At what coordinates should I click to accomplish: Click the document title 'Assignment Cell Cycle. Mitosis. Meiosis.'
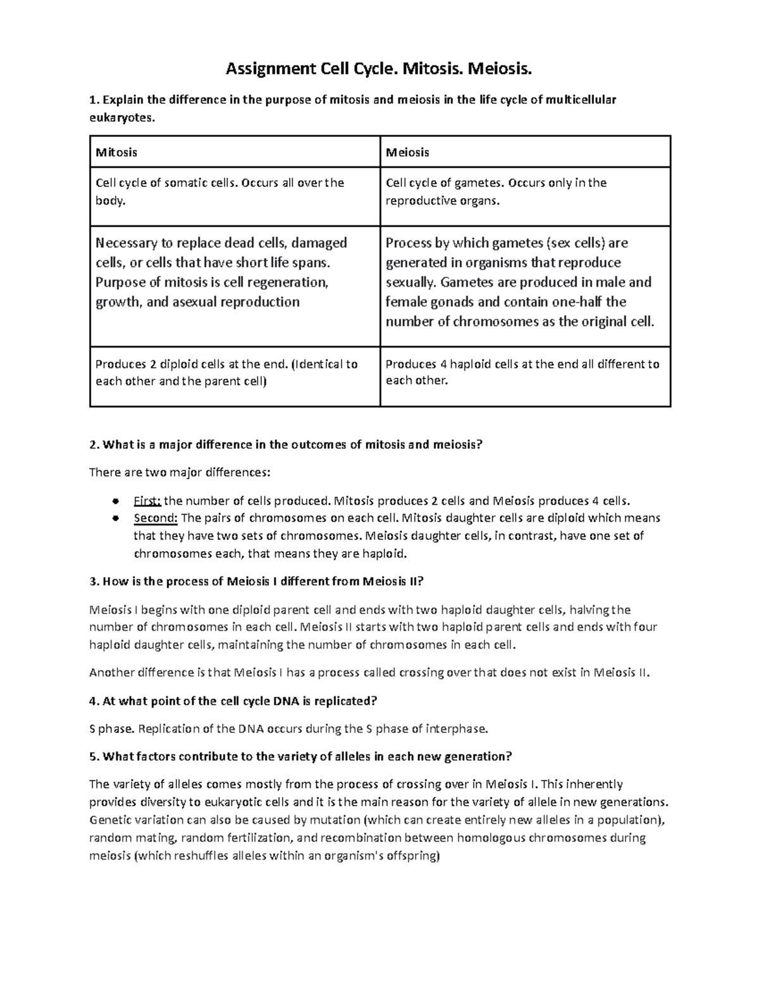pyautogui.click(x=379, y=69)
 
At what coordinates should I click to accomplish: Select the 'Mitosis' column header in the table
pyautogui.click(x=116, y=153)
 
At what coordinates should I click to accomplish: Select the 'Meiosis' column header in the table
pyautogui.click(x=407, y=153)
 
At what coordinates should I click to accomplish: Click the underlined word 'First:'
pyautogui.click(x=147, y=501)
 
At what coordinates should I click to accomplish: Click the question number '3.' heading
pyautogui.click(x=94, y=581)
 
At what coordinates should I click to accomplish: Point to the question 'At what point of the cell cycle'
pyautogui.click(x=233, y=701)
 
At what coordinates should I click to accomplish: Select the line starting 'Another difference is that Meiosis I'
pyautogui.click(x=369, y=672)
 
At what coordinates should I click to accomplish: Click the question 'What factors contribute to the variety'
pyautogui.click(x=300, y=756)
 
